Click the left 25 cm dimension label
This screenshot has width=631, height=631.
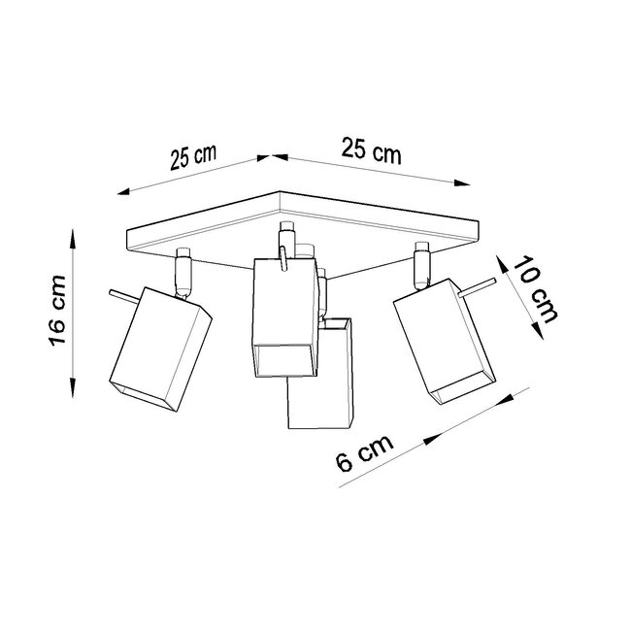tap(192, 158)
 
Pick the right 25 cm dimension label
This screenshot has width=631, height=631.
tap(371, 152)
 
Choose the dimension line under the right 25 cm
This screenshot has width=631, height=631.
tap(369, 169)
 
